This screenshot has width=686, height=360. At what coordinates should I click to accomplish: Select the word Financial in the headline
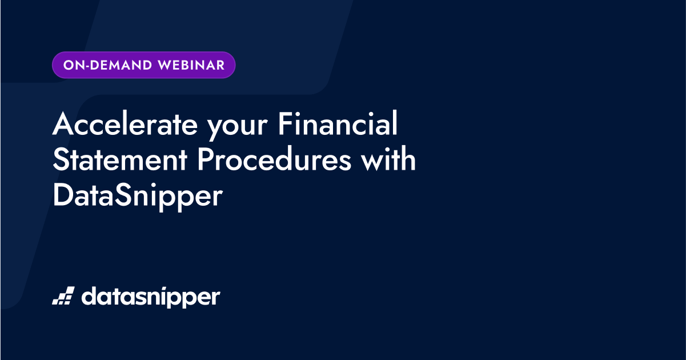click(338, 125)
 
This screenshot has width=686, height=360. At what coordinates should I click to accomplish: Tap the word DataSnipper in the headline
click(137, 196)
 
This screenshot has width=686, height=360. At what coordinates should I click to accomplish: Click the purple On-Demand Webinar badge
click(143, 65)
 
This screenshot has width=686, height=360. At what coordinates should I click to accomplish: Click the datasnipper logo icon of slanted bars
click(63, 296)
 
